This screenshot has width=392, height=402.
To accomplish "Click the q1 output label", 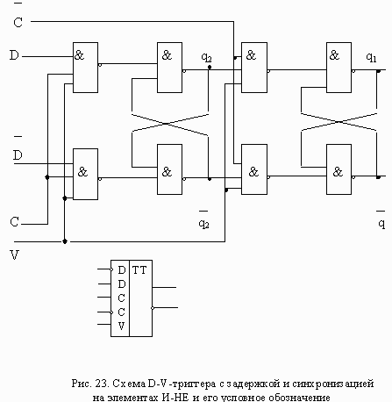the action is (x=371, y=58).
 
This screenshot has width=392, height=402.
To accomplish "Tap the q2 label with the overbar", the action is (x=203, y=220).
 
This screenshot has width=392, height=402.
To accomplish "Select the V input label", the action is (x=14, y=255).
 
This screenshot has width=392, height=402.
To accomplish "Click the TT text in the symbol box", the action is (x=139, y=270).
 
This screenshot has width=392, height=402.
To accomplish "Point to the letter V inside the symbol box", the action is (x=121, y=326).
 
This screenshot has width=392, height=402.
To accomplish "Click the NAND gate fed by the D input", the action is (x=85, y=68).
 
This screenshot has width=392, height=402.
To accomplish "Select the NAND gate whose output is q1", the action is (x=339, y=68).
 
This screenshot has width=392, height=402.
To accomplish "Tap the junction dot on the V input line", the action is (x=65, y=241).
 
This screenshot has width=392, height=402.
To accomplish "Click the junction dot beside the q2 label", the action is (x=210, y=68).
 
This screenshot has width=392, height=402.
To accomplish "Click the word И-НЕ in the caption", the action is (x=175, y=398).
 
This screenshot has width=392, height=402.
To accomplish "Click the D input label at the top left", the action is (x=14, y=55).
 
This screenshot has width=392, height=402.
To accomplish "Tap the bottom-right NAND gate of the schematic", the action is (x=339, y=169).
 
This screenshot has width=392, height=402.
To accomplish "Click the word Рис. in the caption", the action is (x=82, y=384).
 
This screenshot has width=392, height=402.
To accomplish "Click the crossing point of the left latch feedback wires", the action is (x=166, y=124).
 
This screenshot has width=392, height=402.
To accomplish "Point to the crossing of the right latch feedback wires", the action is (x=339, y=122).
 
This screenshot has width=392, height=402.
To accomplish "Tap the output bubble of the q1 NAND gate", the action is (x=353, y=71).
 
